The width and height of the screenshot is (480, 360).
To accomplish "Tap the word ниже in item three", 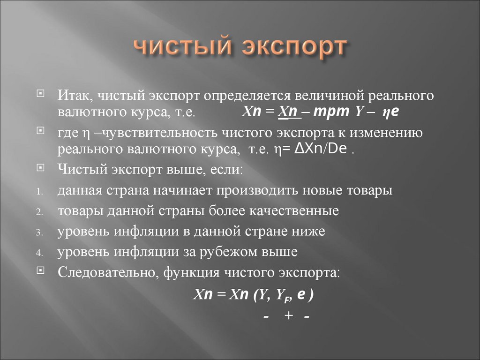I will click(x=308, y=232).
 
